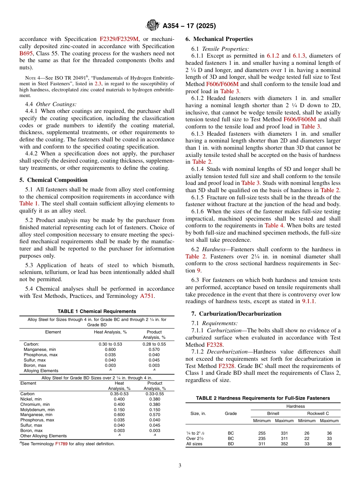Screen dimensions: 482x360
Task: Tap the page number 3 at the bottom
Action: (180, 465)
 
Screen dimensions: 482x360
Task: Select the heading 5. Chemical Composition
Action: (53, 180)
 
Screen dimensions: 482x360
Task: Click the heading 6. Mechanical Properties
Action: (219, 39)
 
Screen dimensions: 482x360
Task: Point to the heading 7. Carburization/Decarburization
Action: (233, 314)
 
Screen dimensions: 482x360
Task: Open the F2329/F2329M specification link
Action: (119, 39)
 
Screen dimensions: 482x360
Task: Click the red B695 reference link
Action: (26, 53)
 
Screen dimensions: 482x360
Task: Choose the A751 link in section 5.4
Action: (147, 296)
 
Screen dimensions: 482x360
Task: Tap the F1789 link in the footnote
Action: (62, 444)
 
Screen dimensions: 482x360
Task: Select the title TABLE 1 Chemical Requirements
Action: (97, 311)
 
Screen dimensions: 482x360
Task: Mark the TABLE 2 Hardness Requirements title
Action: (263, 398)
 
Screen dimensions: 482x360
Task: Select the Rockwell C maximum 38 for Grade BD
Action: (329, 444)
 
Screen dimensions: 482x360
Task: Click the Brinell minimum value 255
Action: (262, 433)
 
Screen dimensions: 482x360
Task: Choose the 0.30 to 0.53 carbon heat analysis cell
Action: (110, 344)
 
